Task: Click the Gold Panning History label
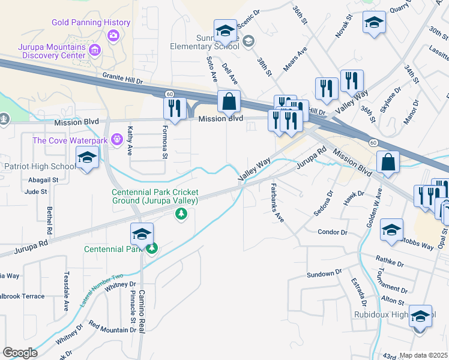(91, 23)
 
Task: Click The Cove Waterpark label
(70, 140)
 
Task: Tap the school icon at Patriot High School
(88, 158)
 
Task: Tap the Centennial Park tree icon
(152, 248)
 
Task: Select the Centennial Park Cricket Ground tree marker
(180, 213)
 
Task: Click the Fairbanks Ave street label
(277, 202)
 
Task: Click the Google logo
(20, 352)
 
